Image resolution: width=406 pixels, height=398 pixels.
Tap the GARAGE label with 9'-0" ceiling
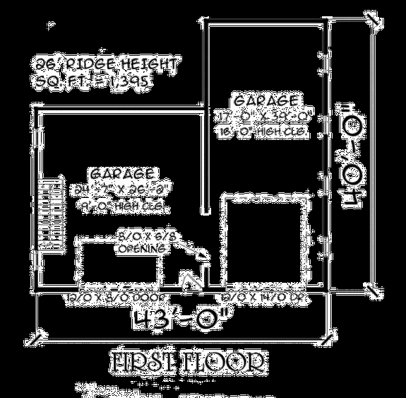[x=124, y=173]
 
